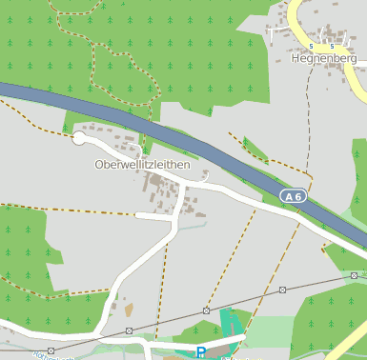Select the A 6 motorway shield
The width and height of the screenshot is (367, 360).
(x=293, y=196)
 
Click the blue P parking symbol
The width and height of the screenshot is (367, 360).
(x=201, y=352)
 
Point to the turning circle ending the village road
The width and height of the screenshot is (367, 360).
(x=78, y=140)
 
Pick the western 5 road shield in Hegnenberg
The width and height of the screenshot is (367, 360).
(x=312, y=46)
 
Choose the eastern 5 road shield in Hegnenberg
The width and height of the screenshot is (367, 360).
(x=333, y=46)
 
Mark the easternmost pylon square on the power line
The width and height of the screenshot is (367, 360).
(x=354, y=275)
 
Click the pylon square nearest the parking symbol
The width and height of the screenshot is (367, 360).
(x=207, y=310)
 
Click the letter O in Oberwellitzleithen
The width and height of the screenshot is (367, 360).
(x=99, y=165)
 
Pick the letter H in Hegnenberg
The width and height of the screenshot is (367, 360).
(x=295, y=58)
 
